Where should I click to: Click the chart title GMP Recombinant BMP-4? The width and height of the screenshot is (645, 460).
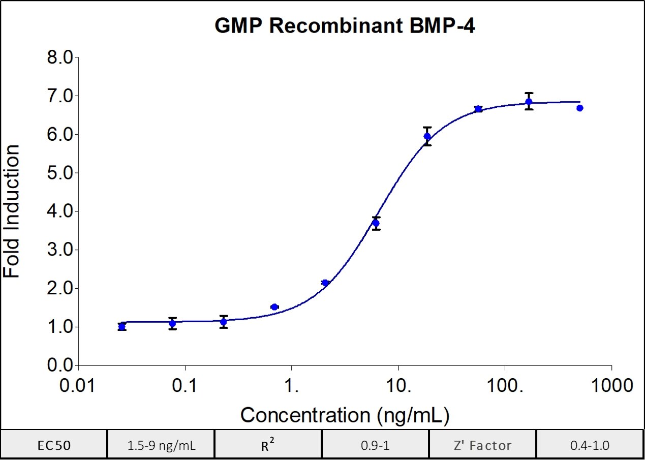pyautogui.click(x=345, y=26)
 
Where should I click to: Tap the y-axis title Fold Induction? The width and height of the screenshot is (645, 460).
pyautogui.click(x=12, y=211)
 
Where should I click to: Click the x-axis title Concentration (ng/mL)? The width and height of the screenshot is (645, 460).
pyautogui.click(x=345, y=415)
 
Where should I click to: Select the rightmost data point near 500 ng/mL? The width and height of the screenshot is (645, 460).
pyautogui.click(x=579, y=108)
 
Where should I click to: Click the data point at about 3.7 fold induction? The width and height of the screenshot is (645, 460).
pyautogui.click(x=376, y=223)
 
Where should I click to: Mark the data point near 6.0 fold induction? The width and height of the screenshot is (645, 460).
pyautogui.click(x=427, y=136)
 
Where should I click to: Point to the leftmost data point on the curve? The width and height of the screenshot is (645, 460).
pyautogui.click(x=121, y=327)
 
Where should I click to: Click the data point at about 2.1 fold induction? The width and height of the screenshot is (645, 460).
pyautogui.click(x=325, y=283)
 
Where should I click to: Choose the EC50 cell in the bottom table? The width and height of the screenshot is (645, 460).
pyautogui.click(x=54, y=445)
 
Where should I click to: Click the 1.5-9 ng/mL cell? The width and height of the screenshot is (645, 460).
pyautogui.click(x=161, y=445)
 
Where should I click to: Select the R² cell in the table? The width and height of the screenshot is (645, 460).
pyautogui.click(x=268, y=445)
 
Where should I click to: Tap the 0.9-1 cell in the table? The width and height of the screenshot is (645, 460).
pyautogui.click(x=375, y=445)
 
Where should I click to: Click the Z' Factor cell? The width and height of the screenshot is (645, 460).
pyautogui.click(x=482, y=445)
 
